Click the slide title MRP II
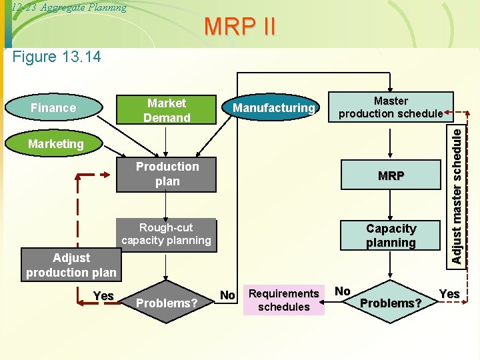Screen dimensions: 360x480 pyautogui.click(x=239, y=27)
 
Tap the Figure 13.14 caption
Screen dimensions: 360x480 pyautogui.click(x=57, y=57)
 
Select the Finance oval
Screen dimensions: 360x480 pyautogui.click(x=53, y=108)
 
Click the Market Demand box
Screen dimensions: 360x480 pyautogui.click(x=167, y=110)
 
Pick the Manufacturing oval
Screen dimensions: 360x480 pyautogui.click(x=273, y=108)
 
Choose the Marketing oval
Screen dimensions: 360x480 pyautogui.click(x=56, y=143)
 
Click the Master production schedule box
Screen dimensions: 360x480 pyautogui.click(x=391, y=107)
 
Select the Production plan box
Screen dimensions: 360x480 pyautogui.click(x=167, y=174)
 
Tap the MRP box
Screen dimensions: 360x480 pyautogui.click(x=391, y=176)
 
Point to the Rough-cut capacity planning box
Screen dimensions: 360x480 pyautogui.click(x=166, y=234)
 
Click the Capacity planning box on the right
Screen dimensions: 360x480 pyautogui.click(x=391, y=235)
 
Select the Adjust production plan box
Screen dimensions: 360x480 pyautogui.click(x=71, y=265)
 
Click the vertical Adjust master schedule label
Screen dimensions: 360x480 pyautogui.click(x=457, y=195)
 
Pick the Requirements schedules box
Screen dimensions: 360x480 pyautogui.click(x=284, y=300)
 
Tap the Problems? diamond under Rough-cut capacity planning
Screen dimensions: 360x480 pyautogui.click(x=167, y=303)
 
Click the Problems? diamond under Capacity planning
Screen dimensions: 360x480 pyautogui.click(x=391, y=303)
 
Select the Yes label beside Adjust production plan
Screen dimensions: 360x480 pyautogui.click(x=103, y=296)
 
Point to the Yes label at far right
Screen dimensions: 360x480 pyautogui.click(x=449, y=293)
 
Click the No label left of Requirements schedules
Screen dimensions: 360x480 pyautogui.click(x=227, y=295)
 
